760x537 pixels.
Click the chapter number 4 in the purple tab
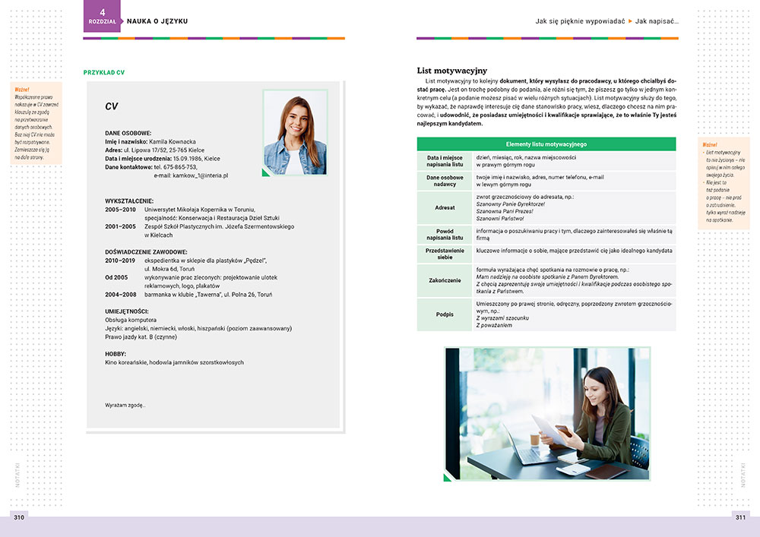coord(103,11)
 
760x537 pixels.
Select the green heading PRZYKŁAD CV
coord(103,73)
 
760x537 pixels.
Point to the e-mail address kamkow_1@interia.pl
coord(191,175)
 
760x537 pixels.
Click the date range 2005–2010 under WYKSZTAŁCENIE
coord(120,209)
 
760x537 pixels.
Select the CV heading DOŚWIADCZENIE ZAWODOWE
coord(145,251)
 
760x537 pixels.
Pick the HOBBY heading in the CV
coord(116,353)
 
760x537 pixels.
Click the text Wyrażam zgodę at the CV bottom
coord(125,405)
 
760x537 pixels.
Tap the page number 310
coord(19,517)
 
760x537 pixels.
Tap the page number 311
coord(739,517)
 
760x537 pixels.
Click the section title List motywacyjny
coord(452,71)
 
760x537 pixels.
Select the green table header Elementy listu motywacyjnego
coord(546,144)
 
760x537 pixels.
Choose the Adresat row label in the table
coord(445,207)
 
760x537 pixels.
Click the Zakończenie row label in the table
coord(445,280)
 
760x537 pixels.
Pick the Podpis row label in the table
coord(445,314)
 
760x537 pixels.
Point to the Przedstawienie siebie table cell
coord(445,254)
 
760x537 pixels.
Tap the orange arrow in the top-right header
coord(630,21)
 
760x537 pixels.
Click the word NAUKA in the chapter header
coord(141,21)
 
